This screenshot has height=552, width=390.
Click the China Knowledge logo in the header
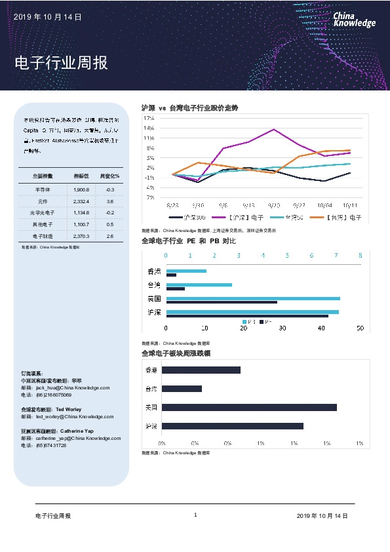pos(354,20)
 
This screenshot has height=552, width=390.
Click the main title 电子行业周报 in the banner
pos(61,64)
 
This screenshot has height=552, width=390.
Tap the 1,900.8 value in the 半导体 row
pos(81,189)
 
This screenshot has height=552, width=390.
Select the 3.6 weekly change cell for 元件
pos(110,201)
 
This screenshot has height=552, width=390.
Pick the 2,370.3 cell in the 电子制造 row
pos(81,235)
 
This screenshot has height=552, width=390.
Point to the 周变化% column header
pos(109,176)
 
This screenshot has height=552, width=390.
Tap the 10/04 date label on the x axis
pos(325,204)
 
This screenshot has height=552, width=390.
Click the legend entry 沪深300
pos(187,217)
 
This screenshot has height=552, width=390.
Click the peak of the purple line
pos(273,129)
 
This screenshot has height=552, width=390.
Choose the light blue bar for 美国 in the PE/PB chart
pos(253,298)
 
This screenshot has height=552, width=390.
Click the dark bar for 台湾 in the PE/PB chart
pos(176,288)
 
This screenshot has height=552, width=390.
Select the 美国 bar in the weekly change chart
pos(249,407)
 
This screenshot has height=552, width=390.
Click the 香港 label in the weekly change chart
pos(151,370)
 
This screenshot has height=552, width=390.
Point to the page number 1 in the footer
pos(195,515)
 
